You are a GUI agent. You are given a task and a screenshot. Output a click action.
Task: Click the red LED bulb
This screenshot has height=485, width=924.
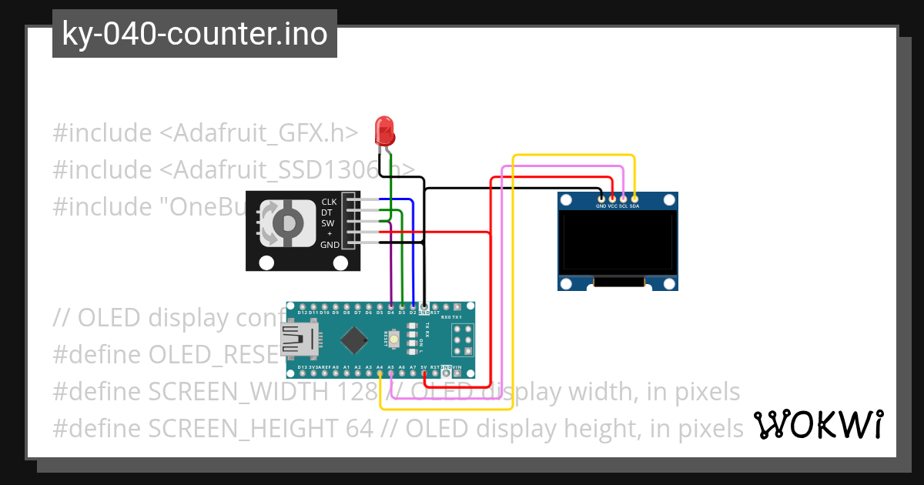(383, 131)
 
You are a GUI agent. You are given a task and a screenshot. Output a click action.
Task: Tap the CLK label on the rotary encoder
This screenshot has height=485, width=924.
(329, 202)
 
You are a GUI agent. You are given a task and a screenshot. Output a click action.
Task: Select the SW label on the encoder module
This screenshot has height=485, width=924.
(328, 223)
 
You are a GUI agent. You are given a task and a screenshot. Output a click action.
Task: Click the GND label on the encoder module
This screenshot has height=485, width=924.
(330, 245)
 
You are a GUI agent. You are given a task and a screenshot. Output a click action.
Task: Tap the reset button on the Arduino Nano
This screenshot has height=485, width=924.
(394, 338)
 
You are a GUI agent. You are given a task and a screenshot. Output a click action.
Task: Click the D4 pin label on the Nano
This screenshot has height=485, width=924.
(391, 313)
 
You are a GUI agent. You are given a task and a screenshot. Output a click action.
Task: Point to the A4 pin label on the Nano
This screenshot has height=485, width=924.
(380, 368)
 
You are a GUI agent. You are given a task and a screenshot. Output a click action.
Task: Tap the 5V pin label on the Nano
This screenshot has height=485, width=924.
(423, 368)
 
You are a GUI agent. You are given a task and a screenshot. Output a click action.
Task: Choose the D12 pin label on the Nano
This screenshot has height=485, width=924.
(303, 313)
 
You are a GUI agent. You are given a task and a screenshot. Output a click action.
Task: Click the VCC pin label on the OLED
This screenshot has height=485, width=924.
(612, 206)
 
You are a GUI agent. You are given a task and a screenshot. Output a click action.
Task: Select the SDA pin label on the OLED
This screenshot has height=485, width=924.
(634, 206)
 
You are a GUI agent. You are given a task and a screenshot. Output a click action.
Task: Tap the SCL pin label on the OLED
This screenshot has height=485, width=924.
(623, 206)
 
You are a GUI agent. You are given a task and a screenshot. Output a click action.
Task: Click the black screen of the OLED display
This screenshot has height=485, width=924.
(618, 244)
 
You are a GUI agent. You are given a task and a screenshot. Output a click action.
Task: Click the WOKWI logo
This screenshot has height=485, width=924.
(818, 424)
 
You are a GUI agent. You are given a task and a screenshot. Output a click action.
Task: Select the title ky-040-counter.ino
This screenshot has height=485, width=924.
(194, 34)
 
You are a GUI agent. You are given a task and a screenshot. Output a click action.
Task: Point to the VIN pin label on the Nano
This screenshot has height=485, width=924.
(457, 368)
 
